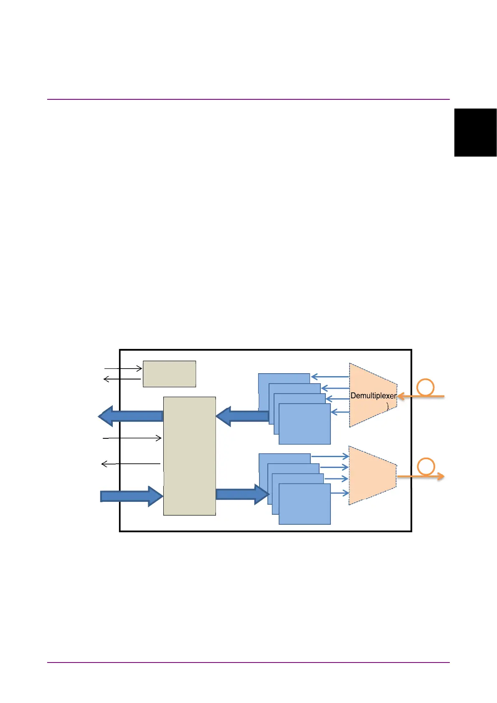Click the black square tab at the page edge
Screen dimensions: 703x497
(x=475, y=132)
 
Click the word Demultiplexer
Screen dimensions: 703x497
(x=373, y=395)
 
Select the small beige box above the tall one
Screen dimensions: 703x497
(x=169, y=374)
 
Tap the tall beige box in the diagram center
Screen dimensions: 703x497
(x=189, y=456)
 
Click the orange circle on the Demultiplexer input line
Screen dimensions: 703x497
(x=426, y=387)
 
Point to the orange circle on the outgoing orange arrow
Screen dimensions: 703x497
(x=426, y=466)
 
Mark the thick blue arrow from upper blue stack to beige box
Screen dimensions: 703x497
(x=242, y=416)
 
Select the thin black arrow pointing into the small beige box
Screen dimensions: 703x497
(x=123, y=369)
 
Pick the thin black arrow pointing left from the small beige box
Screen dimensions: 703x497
(x=122, y=379)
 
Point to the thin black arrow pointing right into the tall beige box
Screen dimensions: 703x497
(x=132, y=438)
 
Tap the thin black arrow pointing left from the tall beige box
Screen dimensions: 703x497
(x=131, y=464)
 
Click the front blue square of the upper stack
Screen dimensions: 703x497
(x=304, y=424)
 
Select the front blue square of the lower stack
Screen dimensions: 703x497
(x=304, y=504)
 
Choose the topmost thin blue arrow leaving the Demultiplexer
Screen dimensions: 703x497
(x=330, y=377)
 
